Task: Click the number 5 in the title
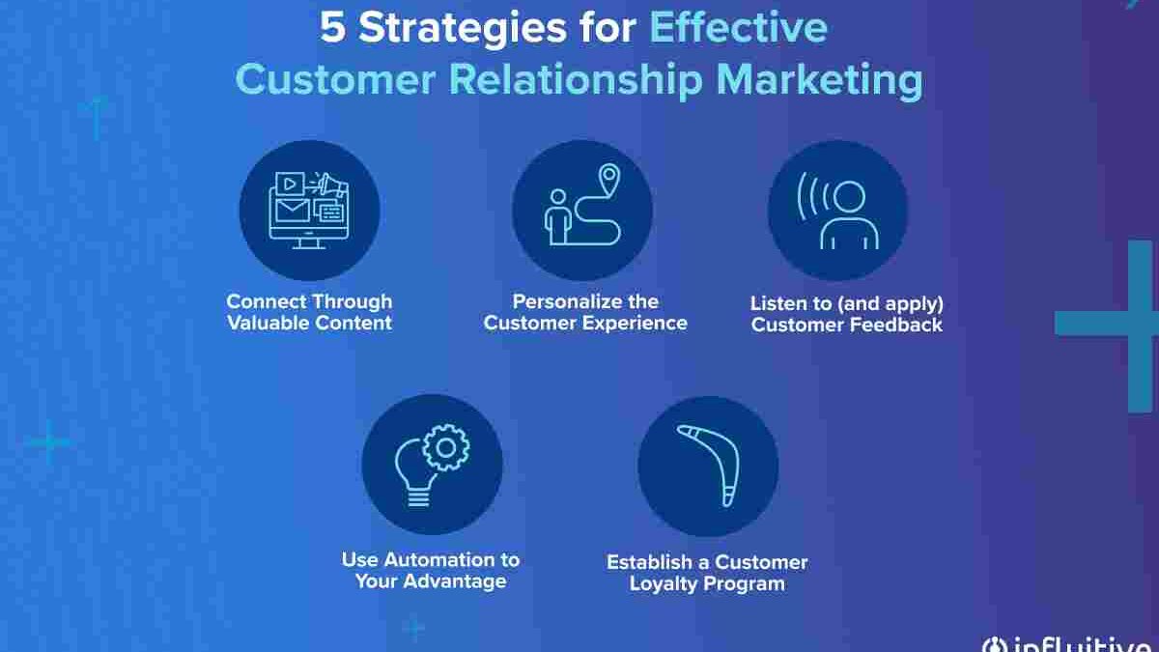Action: [x=332, y=27]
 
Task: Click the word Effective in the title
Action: [x=738, y=27]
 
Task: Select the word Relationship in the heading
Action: [x=576, y=80]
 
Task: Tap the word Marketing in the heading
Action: [x=819, y=80]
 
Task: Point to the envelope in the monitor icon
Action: [x=293, y=211]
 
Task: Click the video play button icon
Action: [x=291, y=184]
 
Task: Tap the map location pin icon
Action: [x=609, y=180]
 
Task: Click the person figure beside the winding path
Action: [x=558, y=217]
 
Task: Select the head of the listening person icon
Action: [x=849, y=197]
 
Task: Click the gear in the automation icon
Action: [x=446, y=448]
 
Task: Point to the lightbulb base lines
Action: [x=418, y=498]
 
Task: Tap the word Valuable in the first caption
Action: [x=269, y=323]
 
